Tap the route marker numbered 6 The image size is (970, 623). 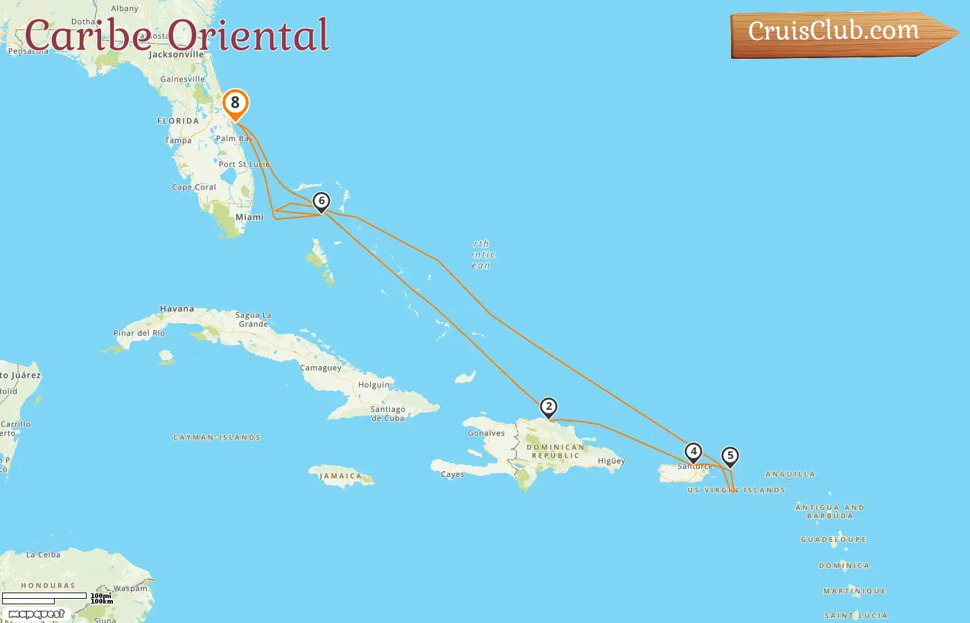click(321, 201)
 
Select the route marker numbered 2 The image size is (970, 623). click(548, 407)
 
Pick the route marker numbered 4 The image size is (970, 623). click(693, 452)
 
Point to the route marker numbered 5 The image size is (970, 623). click(730, 456)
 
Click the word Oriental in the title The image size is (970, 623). click(248, 36)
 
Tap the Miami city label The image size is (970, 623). click(249, 217)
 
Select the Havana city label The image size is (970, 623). click(177, 309)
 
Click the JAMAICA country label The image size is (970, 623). click(341, 476)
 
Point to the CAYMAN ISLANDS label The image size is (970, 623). click(217, 437)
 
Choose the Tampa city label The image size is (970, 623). click(178, 141)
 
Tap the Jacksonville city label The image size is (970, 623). click(177, 55)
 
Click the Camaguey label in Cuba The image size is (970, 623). click(320, 368)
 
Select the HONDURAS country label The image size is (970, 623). click(48, 586)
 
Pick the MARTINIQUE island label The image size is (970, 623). click(854, 591)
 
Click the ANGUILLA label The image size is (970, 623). click(790, 474)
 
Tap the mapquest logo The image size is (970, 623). click(36, 614)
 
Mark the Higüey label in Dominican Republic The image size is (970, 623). click(611, 461)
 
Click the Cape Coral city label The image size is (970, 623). click(194, 188)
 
